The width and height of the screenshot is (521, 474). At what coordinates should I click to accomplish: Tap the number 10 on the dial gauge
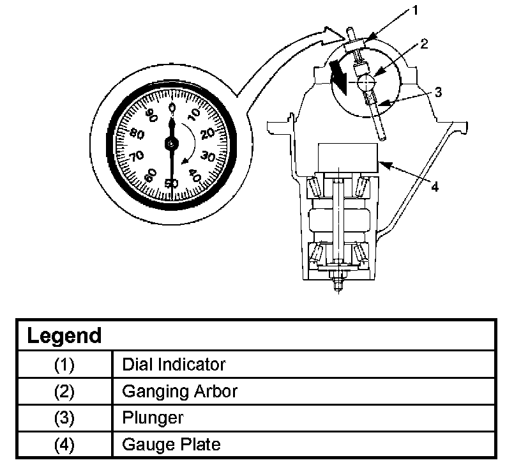coord(194,114)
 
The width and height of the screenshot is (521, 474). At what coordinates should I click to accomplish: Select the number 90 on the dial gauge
coord(151,116)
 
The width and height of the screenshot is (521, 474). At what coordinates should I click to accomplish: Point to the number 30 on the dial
coord(208,155)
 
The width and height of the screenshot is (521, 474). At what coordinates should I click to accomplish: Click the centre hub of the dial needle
coord(171,144)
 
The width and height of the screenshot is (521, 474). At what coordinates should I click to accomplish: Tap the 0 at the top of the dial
coord(171,108)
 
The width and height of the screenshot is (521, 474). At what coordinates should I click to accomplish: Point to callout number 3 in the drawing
coord(437,91)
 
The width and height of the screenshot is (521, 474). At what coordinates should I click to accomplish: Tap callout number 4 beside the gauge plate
coord(434,187)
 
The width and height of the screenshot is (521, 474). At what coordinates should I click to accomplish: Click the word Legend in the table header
coord(64,335)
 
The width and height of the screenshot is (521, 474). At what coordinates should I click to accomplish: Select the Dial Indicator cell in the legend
coord(174,365)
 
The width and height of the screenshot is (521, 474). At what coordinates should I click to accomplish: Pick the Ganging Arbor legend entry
coord(179,391)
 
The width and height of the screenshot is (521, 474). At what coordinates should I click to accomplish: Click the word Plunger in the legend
coord(153,418)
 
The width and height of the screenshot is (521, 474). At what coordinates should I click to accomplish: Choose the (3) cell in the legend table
coord(64,418)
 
